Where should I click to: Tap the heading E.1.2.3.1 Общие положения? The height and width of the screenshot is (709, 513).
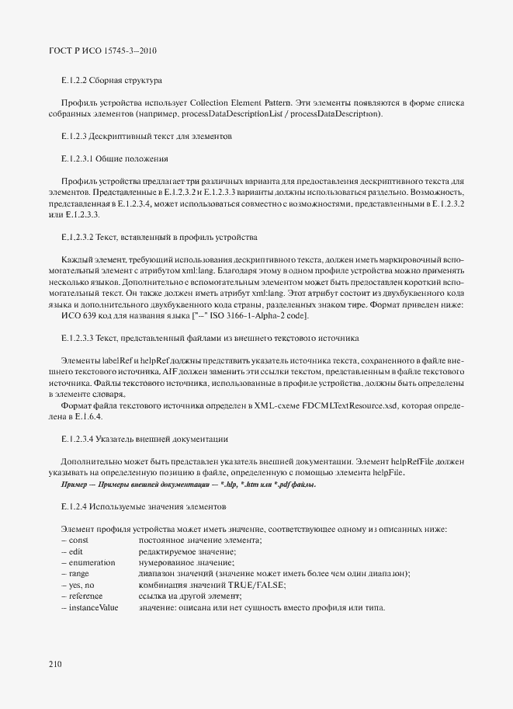pyautogui.click(x=115, y=158)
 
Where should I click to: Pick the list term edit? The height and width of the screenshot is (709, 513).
pyautogui.click(x=76, y=551)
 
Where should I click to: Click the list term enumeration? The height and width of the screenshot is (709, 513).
pyautogui.click(x=92, y=562)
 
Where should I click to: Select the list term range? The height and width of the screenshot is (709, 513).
pyautogui.click(x=79, y=573)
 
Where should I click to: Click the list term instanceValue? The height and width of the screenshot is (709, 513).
pyautogui.click(x=93, y=606)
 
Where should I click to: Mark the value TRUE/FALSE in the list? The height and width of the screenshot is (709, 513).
pyautogui.click(x=256, y=585)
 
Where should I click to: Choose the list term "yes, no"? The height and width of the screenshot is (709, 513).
pyautogui.click(x=81, y=585)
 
